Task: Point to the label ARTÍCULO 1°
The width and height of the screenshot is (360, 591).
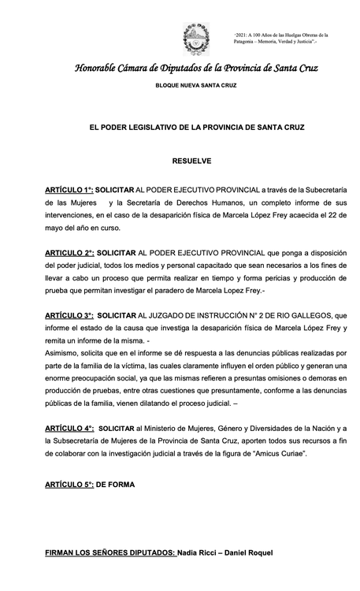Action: (x=69, y=191)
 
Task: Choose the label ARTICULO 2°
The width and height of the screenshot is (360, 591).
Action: (x=69, y=253)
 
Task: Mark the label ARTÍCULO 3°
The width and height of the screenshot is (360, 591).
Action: (x=69, y=315)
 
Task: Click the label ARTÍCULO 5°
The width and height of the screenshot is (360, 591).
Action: (x=69, y=485)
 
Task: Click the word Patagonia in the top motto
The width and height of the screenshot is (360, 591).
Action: (x=252, y=43)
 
